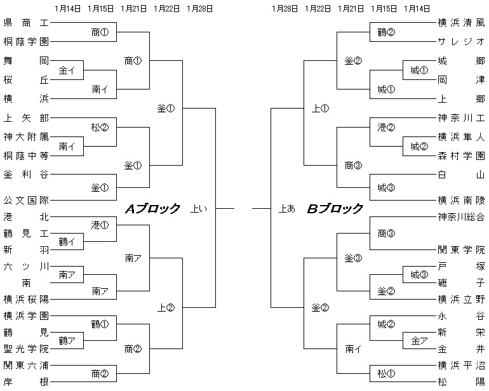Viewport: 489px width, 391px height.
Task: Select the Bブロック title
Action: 335,208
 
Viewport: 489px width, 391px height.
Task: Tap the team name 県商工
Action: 25,23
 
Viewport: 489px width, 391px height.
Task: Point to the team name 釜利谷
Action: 25,173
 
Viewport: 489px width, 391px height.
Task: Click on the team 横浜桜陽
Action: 25,298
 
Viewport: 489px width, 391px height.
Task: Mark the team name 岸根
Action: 25,382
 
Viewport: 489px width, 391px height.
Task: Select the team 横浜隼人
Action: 461,136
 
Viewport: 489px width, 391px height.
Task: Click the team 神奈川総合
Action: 461,217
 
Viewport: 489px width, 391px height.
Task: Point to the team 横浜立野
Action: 461,298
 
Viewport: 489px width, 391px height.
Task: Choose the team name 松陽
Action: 461,382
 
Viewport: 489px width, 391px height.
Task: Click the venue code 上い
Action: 198,208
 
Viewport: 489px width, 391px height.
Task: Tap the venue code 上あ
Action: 286,208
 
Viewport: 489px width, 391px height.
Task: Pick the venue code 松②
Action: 100,126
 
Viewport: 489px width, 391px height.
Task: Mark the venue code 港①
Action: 100,225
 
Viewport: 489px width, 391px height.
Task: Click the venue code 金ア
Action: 419,340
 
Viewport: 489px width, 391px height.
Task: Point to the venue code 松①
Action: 386,373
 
